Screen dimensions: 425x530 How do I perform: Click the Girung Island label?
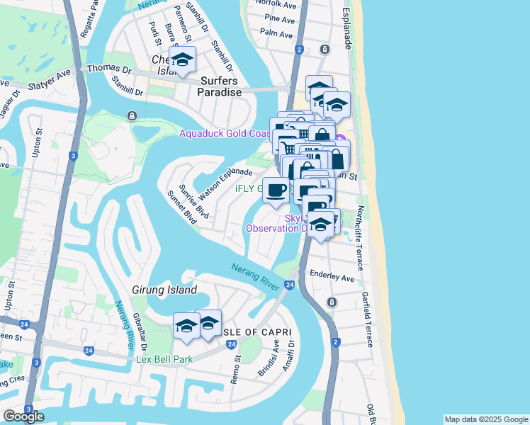(164, 290)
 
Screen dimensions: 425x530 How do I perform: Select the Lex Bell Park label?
(164, 360)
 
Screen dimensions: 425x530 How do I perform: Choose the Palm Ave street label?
(277, 33)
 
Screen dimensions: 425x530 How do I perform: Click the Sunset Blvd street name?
(182, 207)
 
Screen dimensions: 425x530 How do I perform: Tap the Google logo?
(23, 416)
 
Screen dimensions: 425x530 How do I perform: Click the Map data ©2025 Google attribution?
(485, 419)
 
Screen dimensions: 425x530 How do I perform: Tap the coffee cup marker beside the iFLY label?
(276, 189)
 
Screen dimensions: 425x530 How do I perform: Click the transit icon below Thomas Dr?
(132, 115)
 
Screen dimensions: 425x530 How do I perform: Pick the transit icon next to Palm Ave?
(325, 49)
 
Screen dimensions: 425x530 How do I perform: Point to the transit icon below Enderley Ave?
(332, 302)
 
